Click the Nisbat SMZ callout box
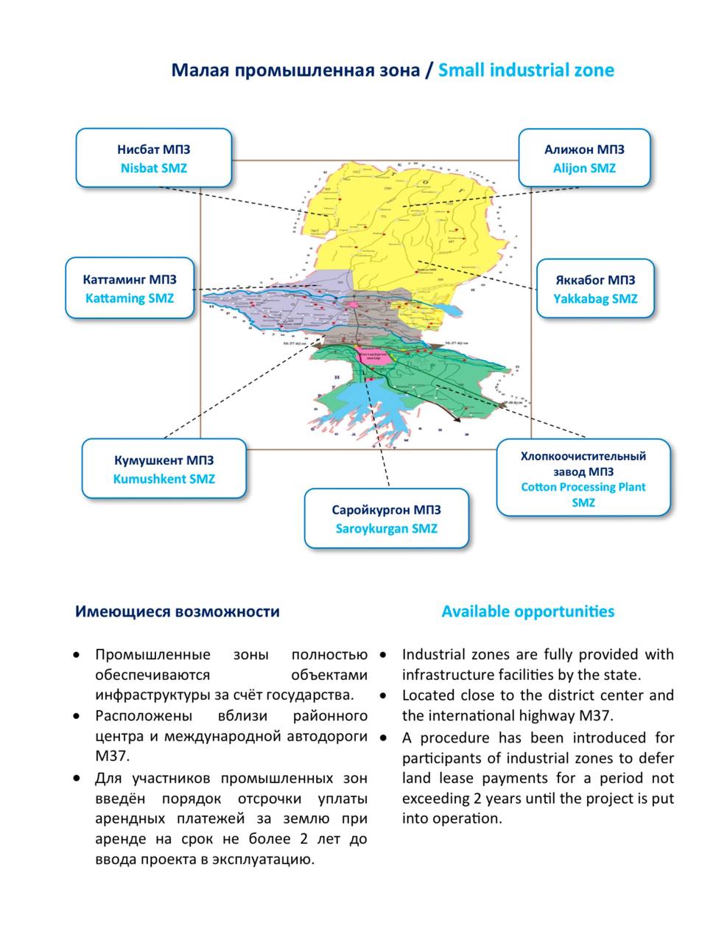[153, 158]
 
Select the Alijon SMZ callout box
[584, 158]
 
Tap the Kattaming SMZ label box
[130, 288]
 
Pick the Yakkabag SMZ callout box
[594, 289]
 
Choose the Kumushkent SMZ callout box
[164, 469]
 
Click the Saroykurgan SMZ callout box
[386, 519]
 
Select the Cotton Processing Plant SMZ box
[583, 478]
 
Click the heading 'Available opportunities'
[527, 611]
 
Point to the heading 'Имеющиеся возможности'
[178, 611]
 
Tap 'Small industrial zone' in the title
[526, 70]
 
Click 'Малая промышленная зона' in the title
[295, 70]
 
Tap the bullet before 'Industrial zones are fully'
[383, 654]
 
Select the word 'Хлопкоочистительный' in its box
[583, 456]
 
